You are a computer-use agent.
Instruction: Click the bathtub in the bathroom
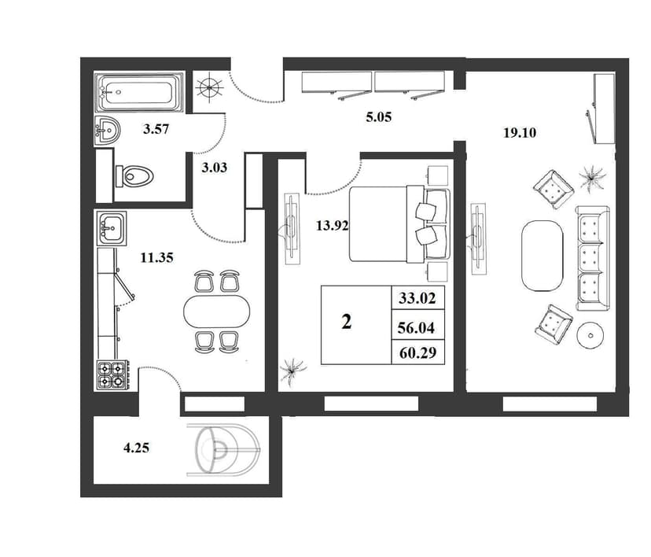coord(138,92)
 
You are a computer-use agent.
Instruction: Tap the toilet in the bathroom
coord(134,176)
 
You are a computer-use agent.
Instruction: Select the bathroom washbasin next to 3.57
coord(107,131)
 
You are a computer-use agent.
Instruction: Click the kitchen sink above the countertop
coord(112,227)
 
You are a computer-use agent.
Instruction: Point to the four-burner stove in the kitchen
coord(113,375)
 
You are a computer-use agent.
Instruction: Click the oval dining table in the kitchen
coord(217,311)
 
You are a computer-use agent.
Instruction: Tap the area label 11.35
coord(156,258)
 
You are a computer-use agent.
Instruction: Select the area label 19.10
coord(520,133)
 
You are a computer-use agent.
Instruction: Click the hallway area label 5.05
coord(379,117)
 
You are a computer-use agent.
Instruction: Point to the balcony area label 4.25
coord(136,448)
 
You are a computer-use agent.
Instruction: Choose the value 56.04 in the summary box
coord(416,328)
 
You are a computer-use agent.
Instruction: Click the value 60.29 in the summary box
coord(417,353)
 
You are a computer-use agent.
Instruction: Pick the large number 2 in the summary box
coord(346,322)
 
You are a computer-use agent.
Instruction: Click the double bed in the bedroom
coord(399,224)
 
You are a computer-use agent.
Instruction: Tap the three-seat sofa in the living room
coord(593,258)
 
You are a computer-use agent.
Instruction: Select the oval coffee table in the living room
coord(542,256)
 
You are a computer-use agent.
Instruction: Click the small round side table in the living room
coord(590,335)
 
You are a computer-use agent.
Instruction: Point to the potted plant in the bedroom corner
coord(292,369)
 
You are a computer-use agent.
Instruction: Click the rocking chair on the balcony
coord(223,450)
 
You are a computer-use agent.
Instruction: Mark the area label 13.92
coord(332,226)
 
